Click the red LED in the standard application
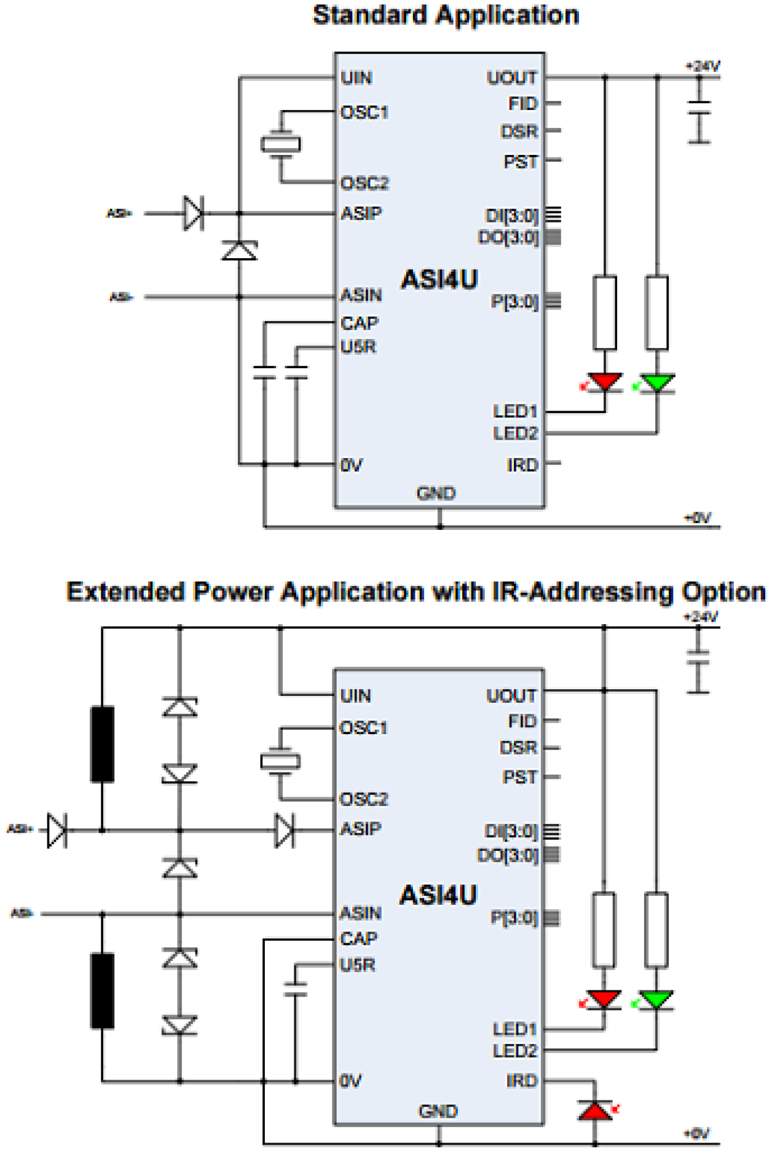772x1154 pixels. [x=605, y=382]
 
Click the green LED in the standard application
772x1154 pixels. [x=657, y=382]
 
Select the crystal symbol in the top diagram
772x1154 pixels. [x=281, y=145]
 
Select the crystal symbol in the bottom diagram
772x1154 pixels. [x=280, y=762]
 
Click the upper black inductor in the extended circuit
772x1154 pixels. [x=103, y=744]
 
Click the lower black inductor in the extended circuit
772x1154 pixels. [x=103, y=990]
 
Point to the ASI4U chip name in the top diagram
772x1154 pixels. [x=439, y=280]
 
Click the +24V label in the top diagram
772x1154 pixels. [x=703, y=66]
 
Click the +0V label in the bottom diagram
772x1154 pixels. [x=697, y=1133]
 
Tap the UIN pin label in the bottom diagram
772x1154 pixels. [x=356, y=696]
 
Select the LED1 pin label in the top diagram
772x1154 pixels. [x=515, y=411]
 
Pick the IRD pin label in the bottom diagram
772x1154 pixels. [x=522, y=1080]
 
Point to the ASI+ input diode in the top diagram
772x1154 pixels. [x=193, y=213]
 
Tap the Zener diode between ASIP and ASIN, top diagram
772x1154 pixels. [x=239, y=251]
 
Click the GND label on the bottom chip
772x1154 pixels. [x=438, y=1111]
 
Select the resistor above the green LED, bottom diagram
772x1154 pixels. [x=656, y=930]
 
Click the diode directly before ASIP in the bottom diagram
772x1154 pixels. [x=284, y=830]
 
